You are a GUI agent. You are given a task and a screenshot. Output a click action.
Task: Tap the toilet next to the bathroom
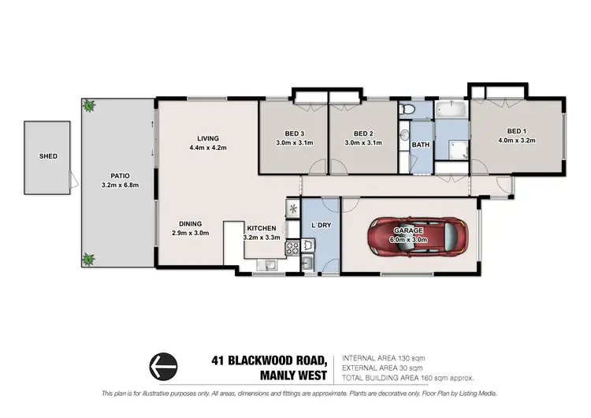coord(403,110)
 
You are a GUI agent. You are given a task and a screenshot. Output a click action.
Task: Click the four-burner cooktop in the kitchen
coord(290,247)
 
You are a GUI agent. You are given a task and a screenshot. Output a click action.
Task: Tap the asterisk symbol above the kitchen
coord(293,209)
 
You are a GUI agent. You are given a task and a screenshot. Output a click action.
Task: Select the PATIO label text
coord(120,175)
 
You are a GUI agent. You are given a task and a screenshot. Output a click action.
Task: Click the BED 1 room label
coord(516,131)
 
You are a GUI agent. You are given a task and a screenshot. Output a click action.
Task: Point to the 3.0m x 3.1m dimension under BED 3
coord(294,143)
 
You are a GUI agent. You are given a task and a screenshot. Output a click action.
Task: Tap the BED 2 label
coord(362,133)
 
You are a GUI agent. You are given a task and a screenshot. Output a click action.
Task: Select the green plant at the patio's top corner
coord(89,105)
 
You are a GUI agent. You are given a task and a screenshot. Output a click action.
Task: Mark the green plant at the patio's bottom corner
coord(89,258)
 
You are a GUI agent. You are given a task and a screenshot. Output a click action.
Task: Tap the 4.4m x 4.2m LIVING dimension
coord(208,148)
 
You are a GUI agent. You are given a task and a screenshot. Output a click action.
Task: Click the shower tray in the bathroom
coord(451,147)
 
